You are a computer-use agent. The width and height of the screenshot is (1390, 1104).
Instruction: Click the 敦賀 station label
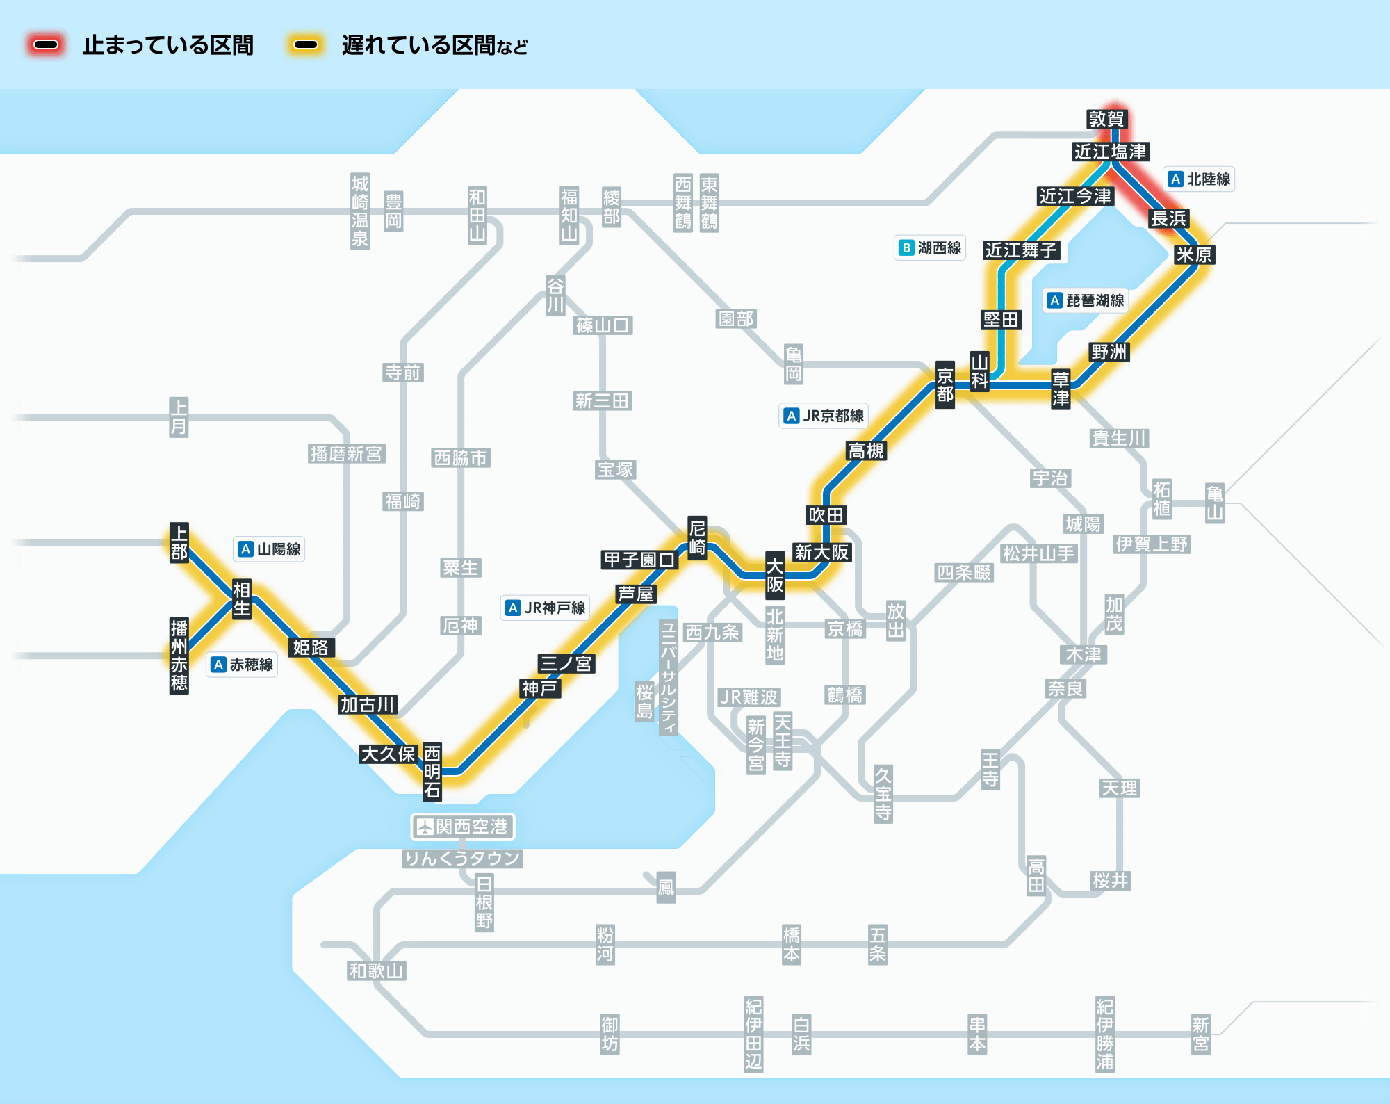pos(1106,119)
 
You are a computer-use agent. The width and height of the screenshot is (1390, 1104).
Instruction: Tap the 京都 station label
pos(945,385)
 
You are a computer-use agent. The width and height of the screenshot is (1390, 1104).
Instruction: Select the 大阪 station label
pos(775,575)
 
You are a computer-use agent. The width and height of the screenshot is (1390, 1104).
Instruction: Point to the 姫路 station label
pos(310,647)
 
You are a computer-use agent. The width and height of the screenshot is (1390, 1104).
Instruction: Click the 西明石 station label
pos(432,771)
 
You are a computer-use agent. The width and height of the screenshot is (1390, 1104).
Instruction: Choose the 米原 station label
pos(1193,254)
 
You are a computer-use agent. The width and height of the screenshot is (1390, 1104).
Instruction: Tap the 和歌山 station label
pos(376,971)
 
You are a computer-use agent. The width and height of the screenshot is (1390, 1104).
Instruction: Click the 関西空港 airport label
pos(463,827)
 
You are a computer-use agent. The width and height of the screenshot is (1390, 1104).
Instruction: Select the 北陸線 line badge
pos(1199,179)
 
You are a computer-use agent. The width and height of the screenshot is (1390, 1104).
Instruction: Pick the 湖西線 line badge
pos(930,247)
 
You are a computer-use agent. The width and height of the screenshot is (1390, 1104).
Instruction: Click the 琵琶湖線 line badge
pos(1086,300)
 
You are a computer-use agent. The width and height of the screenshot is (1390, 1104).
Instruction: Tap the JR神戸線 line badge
pos(546,608)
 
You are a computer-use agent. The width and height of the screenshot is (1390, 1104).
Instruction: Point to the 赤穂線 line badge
pos(243,665)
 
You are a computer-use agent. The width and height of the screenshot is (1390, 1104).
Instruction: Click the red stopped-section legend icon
pos(47,45)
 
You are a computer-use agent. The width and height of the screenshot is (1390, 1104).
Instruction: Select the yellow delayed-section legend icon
pos(306,45)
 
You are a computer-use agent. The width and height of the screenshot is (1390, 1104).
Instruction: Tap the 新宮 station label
pos(1200,1034)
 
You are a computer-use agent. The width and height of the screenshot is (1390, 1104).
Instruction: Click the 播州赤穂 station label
pos(179,656)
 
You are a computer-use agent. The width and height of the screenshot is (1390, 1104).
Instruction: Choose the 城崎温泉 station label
pos(359,211)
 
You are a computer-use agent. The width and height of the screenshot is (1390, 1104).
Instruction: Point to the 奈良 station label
pos(1065,688)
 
